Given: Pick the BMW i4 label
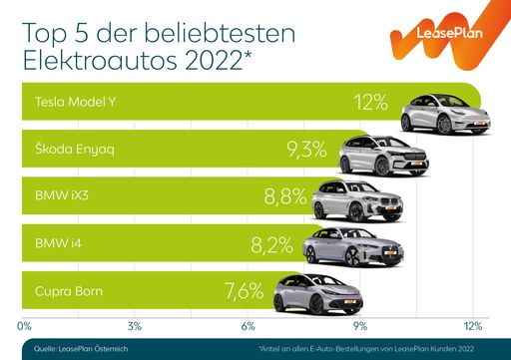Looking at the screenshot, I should click(56, 243).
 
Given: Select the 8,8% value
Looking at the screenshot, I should click(285, 197).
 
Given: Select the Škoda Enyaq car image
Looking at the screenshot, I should click(384, 156).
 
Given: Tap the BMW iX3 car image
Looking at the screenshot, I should click(358, 202).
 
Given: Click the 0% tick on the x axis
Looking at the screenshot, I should click(25, 324).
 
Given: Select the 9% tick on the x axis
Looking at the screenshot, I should click(359, 324).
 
